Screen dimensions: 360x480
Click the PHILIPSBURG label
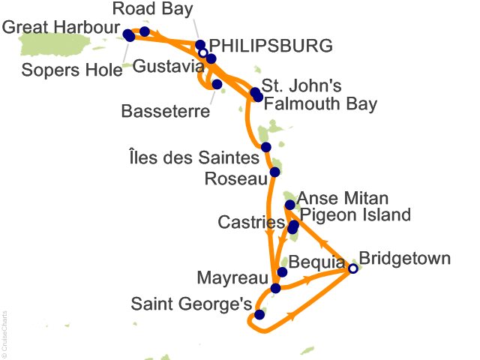(x=271, y=46)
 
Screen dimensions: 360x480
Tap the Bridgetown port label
(x=405, y=259)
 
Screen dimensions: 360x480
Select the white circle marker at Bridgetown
(x=353, y=268)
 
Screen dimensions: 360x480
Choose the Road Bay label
(x=163, y=10)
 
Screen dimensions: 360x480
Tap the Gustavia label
(x=161, y=65)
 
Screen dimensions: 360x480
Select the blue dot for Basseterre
(x=217, y=84)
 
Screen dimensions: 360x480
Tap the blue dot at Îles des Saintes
(x=265, y=147)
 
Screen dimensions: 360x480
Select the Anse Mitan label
(x=343, y=199)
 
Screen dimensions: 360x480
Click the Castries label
(x=250, y=223)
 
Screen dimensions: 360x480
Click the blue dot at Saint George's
(x=259, y=315)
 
